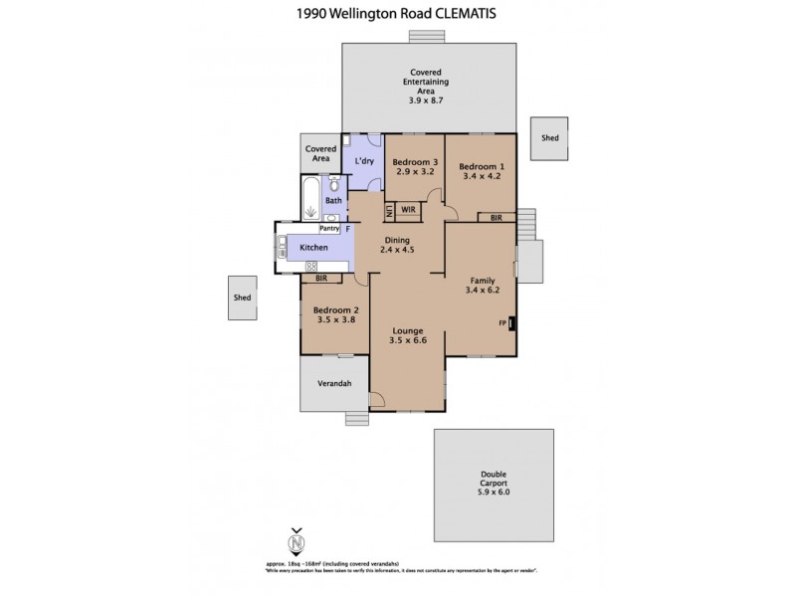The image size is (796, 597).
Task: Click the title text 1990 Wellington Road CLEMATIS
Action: (398, 13)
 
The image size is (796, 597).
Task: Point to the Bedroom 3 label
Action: (415, 162)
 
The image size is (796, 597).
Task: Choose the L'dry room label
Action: (364, 160)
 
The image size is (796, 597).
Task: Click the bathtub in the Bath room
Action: (311, 199)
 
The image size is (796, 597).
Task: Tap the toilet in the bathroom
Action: (334, 185)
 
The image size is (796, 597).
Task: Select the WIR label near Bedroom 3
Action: (408, 210)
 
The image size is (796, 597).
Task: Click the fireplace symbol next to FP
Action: (511, 323)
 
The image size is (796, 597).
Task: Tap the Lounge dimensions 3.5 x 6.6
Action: (408, 341)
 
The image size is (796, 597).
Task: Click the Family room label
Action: (483, 282)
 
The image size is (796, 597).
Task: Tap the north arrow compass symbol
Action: (295, 543)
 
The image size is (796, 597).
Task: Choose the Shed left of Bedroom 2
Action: (241, 298)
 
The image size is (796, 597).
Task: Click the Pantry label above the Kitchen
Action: (329, 228)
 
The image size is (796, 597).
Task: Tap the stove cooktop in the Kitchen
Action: (311, 266)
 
